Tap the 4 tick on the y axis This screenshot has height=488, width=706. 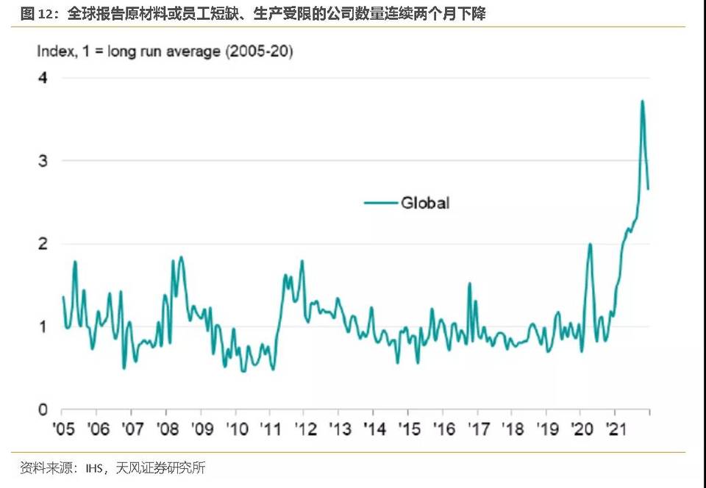(x=43, y=77)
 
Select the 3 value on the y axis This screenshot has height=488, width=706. (x=43, y=160)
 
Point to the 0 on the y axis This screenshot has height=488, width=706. (x=43, y=409)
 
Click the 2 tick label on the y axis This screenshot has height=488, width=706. (x=43, y=243)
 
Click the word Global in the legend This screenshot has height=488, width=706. (x=424, y=202)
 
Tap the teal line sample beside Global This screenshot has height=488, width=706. (x=380, y=202)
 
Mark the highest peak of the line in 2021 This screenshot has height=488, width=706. (x=642, y=101)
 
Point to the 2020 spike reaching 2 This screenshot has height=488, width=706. (x=590, y=244)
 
